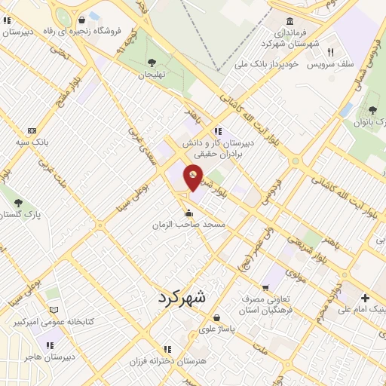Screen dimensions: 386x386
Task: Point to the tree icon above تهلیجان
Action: [152, 63]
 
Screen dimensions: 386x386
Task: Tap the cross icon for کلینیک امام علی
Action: [366, 298]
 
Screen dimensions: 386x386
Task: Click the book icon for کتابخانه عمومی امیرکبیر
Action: [53, 310]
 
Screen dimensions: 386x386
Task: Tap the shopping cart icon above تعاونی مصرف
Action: [265, 287]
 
